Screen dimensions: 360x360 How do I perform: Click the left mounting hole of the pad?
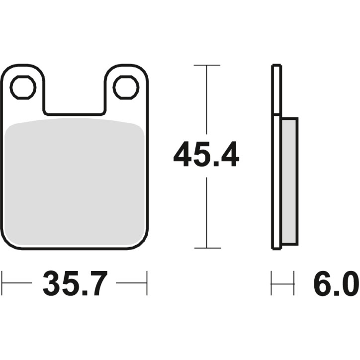(x=23, y=88)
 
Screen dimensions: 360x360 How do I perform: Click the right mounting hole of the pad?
(x=125, y=88)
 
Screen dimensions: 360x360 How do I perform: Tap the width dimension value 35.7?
(x=75, y=284)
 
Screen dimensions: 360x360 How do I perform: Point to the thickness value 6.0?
(x=336, y=284)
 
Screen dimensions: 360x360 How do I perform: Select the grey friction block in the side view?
(x=289, y=181)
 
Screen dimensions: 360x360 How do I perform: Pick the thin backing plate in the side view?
(x=276, y=157)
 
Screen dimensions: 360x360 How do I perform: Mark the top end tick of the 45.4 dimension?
(x=207, y=65)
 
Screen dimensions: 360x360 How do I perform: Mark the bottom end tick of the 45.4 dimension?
(x=207, y=248)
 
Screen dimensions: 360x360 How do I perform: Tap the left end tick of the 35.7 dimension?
(x=2, y=283)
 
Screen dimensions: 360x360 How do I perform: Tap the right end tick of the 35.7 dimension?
(x=147, y=283)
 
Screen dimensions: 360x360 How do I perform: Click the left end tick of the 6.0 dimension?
(x=271, y=283)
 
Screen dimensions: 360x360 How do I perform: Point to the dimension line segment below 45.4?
(x=207, y=214)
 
